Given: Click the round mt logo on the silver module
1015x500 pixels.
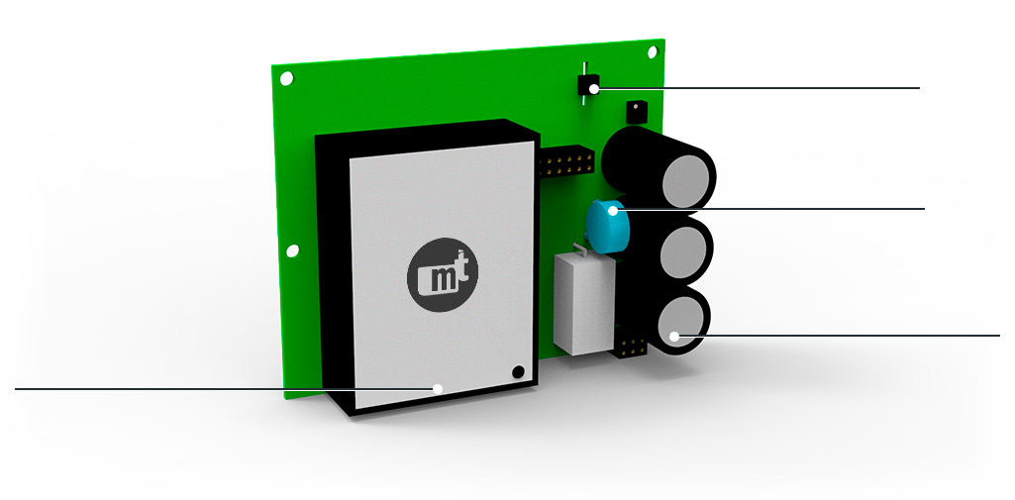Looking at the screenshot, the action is pos(443,276).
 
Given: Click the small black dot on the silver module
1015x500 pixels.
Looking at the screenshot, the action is pos(517,372).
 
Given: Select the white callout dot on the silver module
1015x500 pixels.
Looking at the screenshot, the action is pos(438,389).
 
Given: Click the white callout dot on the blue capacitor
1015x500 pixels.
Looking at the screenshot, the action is pos(613,210).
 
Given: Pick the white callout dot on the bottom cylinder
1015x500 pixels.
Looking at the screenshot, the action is pos(674,336).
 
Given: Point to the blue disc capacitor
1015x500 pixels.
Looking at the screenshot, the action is pos(607,227).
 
